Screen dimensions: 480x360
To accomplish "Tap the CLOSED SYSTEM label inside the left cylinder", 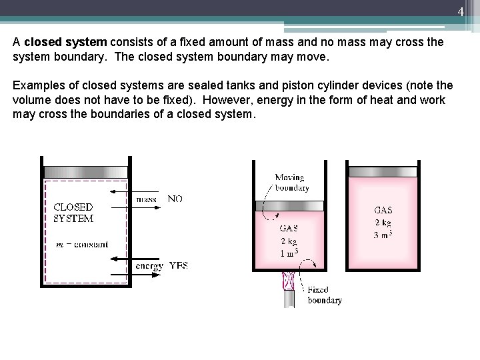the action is click(x=73, y=213).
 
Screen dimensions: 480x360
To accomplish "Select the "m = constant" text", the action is click(x=81, y=245).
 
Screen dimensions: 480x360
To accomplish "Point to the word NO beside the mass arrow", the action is click(x=175, y=199).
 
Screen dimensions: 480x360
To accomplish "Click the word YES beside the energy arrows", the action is click(x=179, y=266).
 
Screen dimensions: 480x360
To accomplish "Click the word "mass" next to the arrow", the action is click(x=146, y=199).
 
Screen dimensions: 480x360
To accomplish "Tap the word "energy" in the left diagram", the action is click(x=149, y=266).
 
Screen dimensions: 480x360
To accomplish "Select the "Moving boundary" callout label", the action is click(x=292, y=183).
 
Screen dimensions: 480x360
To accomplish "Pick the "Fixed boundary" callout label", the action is click(x=325, y=295).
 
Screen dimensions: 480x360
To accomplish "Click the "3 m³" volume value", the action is click(x=383, y=234).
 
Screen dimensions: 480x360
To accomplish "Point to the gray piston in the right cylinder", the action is click(x=383, y=172).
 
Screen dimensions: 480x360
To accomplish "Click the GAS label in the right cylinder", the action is click(x=383, y=210).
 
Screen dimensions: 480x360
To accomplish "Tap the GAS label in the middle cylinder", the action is click(x=289, y=228).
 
